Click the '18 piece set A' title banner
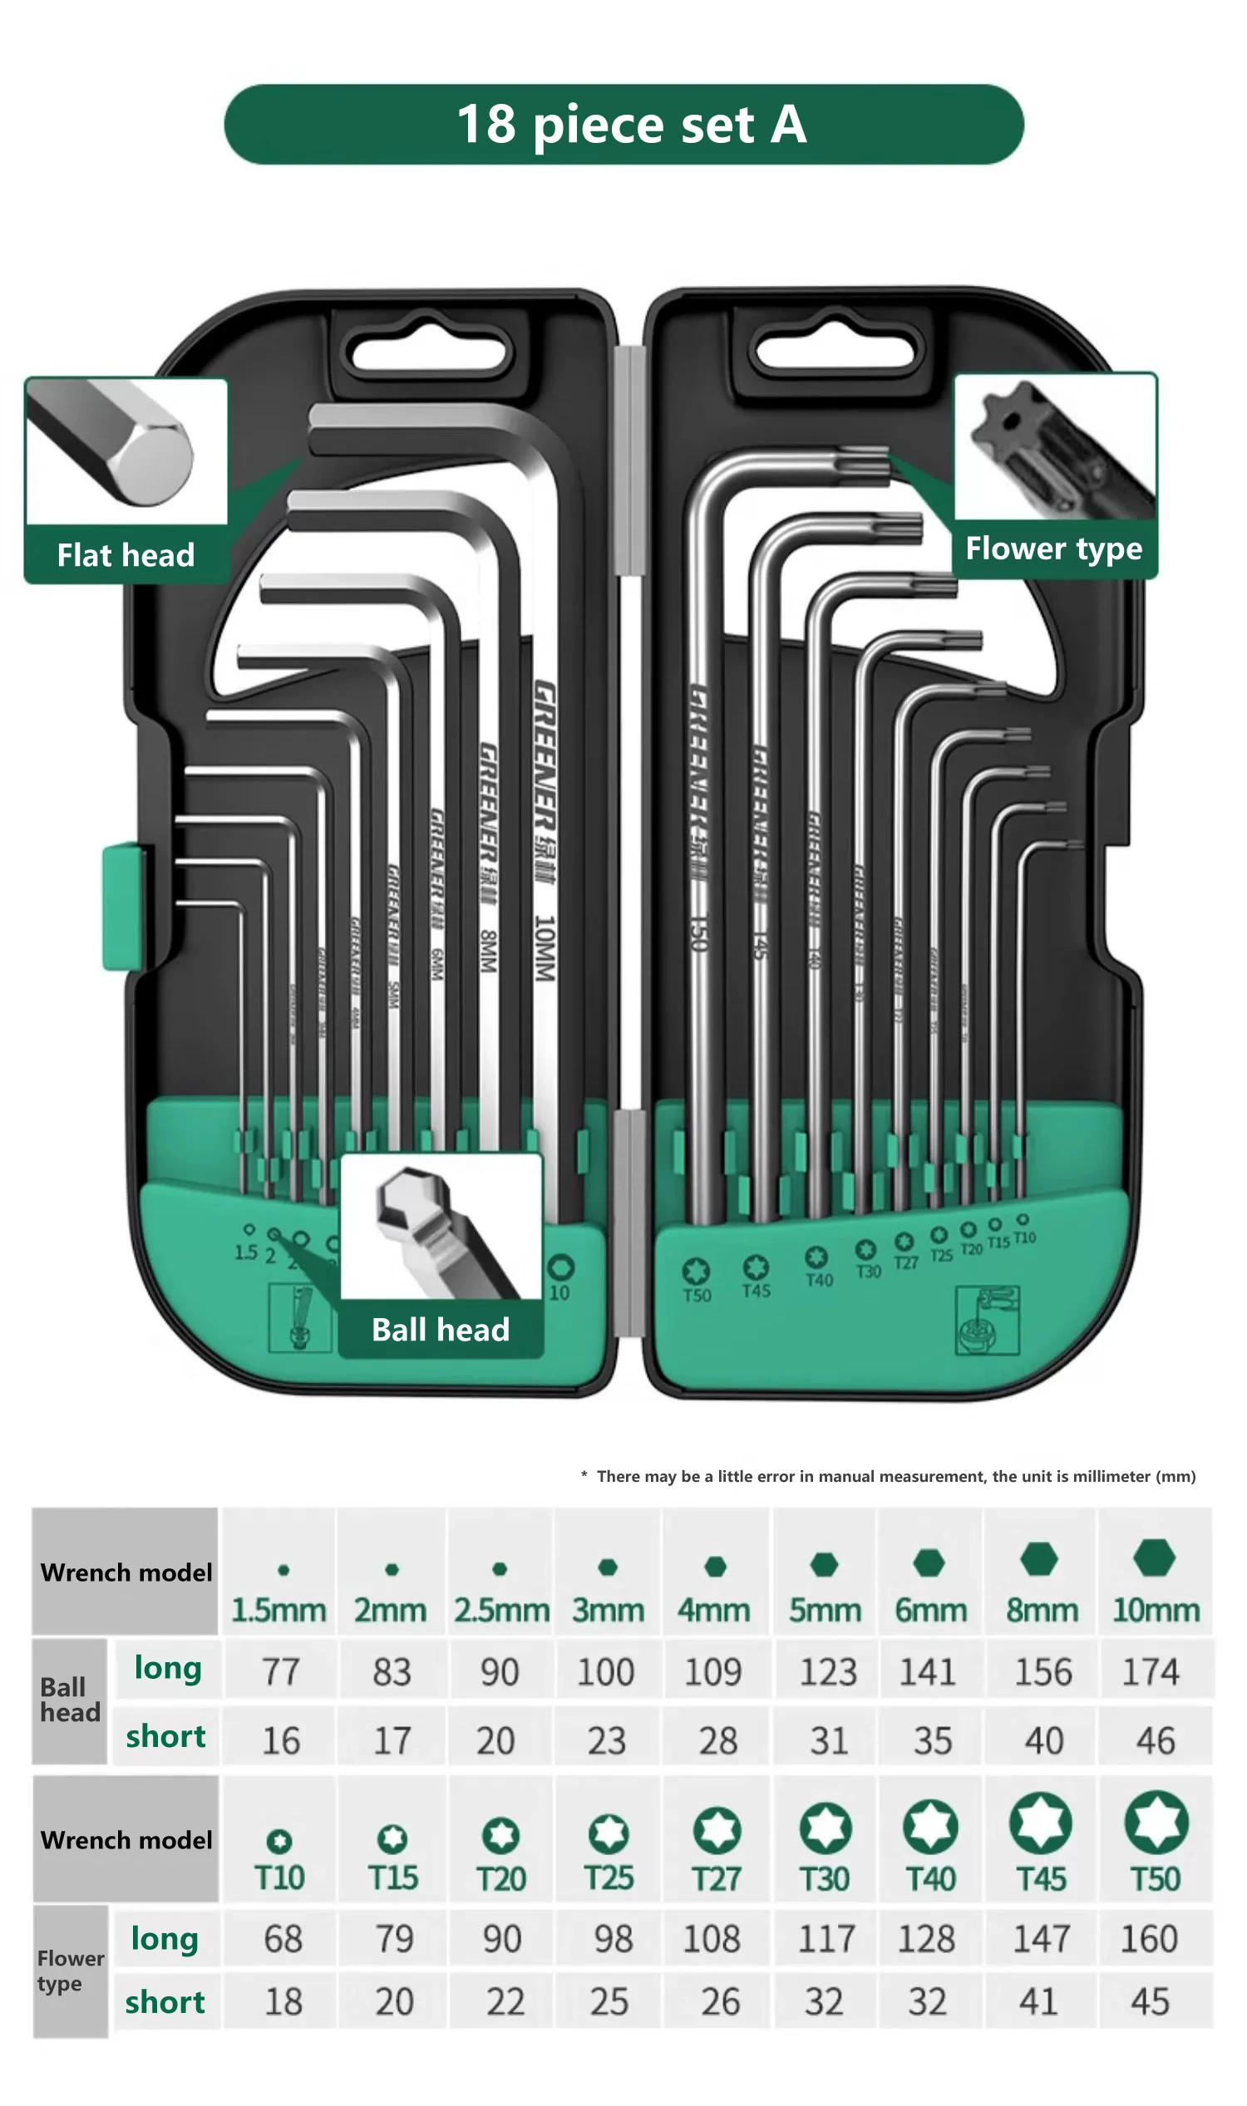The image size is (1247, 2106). click(623, 125)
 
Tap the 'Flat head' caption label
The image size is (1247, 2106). click(126, 555)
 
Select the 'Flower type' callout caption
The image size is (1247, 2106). click(1054, 549)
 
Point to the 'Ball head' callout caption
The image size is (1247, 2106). click(441, 1330)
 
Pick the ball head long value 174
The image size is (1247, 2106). click(1151, 1671)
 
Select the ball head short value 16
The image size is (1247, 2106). click(281, 1740)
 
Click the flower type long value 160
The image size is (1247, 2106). click(1149, 1939)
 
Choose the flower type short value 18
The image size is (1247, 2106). click(283, 2002)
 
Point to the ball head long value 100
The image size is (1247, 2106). click(605, 1671)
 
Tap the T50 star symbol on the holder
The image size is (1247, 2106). click(696, 1270)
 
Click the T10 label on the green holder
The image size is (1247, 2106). click(1024, 1238)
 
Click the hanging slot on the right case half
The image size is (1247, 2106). click(835, 353)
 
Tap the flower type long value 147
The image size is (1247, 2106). click(1040, 1939)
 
